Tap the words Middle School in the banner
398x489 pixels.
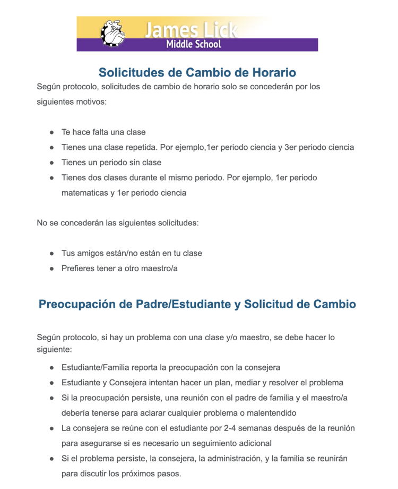click(x=193, y=45)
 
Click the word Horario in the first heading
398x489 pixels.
click(x=269, y=72)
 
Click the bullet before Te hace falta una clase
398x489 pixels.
click(x=52, y=132)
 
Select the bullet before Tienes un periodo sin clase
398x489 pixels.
click(x=52, y=163)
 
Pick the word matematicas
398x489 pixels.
click(x=85, y=193)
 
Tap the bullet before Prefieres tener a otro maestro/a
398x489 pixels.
click(x=52, y=269)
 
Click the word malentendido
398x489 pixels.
click(x=270, y=413)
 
